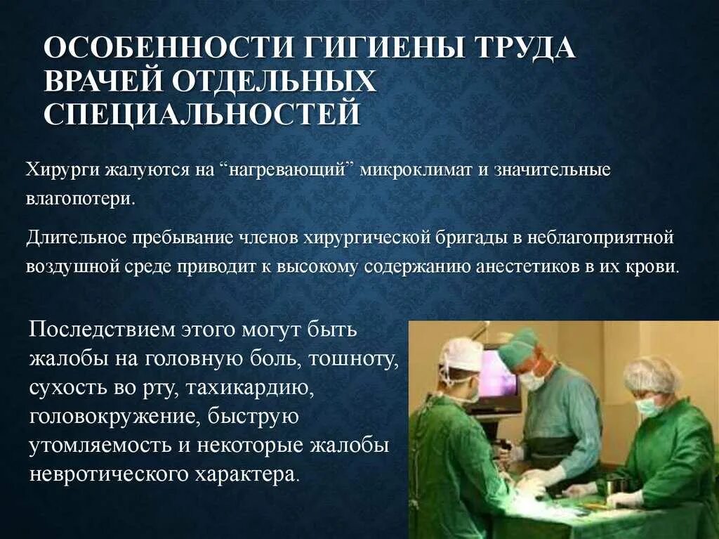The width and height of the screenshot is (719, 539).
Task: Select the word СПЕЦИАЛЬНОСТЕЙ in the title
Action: click(202, 114)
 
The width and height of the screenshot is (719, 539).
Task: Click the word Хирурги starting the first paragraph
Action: click(63, 171)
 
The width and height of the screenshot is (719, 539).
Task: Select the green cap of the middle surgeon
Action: click(518, 344)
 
